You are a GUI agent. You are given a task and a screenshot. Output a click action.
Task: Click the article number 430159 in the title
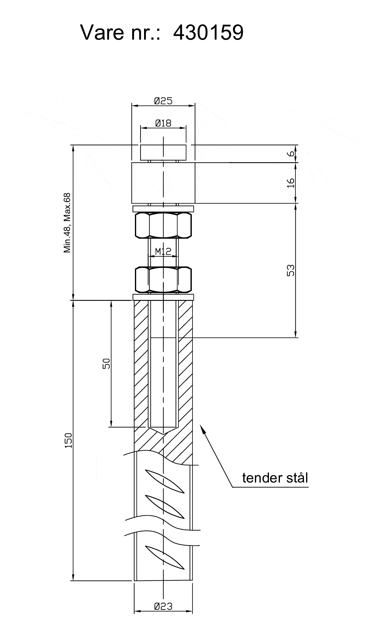pos(208,32)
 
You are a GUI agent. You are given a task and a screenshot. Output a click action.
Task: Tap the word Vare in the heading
pos(102,32)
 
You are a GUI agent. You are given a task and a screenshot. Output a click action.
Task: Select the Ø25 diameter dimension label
pos(163,101)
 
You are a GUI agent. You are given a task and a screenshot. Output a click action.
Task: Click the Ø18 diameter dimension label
pos(163,123)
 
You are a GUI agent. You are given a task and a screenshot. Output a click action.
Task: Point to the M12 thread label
pos(163,251)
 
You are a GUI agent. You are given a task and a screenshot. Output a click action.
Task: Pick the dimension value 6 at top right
pos(291,153)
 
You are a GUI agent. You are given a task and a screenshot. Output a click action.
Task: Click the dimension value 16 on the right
pos(291,183)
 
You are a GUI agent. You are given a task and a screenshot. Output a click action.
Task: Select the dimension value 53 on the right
pos(291,270)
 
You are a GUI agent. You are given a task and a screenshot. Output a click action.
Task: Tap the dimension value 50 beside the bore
pos(106,364)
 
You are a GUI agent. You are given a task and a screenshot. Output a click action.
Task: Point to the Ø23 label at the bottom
pos(163,606)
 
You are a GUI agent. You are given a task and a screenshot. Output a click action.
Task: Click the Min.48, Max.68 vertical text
pos(67,223)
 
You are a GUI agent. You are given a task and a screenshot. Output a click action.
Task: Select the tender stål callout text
pos(275,478)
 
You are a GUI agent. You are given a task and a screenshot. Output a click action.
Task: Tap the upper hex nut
pos(163,225)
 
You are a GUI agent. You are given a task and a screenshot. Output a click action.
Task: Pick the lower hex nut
pos(163,279)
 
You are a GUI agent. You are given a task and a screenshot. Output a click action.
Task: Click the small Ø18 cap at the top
pos(163,152)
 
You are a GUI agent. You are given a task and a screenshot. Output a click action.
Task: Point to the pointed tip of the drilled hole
pos(163,434)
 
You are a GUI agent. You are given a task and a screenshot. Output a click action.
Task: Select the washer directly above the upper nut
pos(163,209)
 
